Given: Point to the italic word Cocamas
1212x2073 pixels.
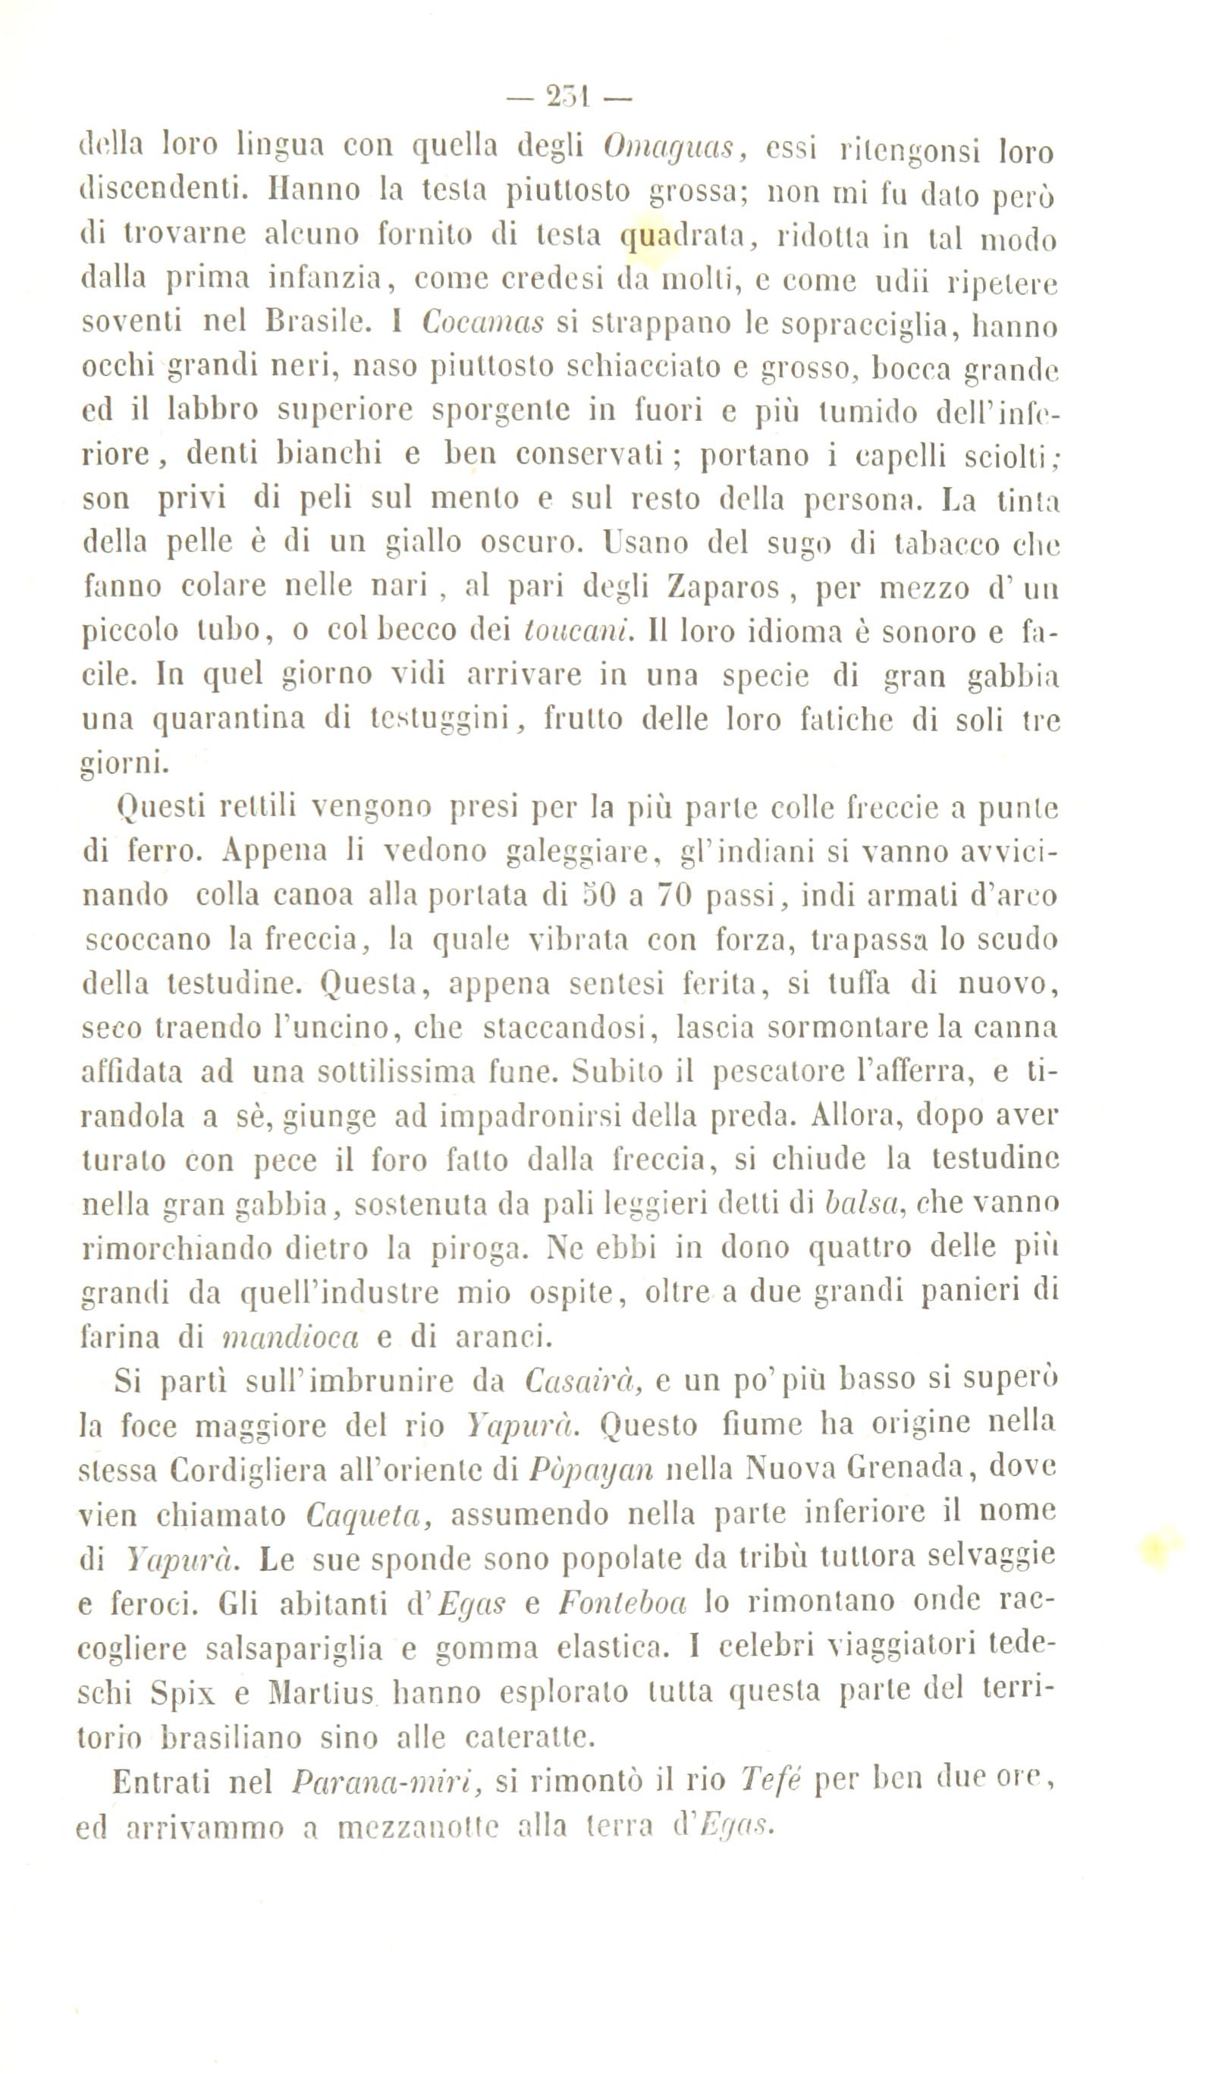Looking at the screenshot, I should click(x=483, y=322).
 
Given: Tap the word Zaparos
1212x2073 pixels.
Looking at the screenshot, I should click(x=724, y=587).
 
